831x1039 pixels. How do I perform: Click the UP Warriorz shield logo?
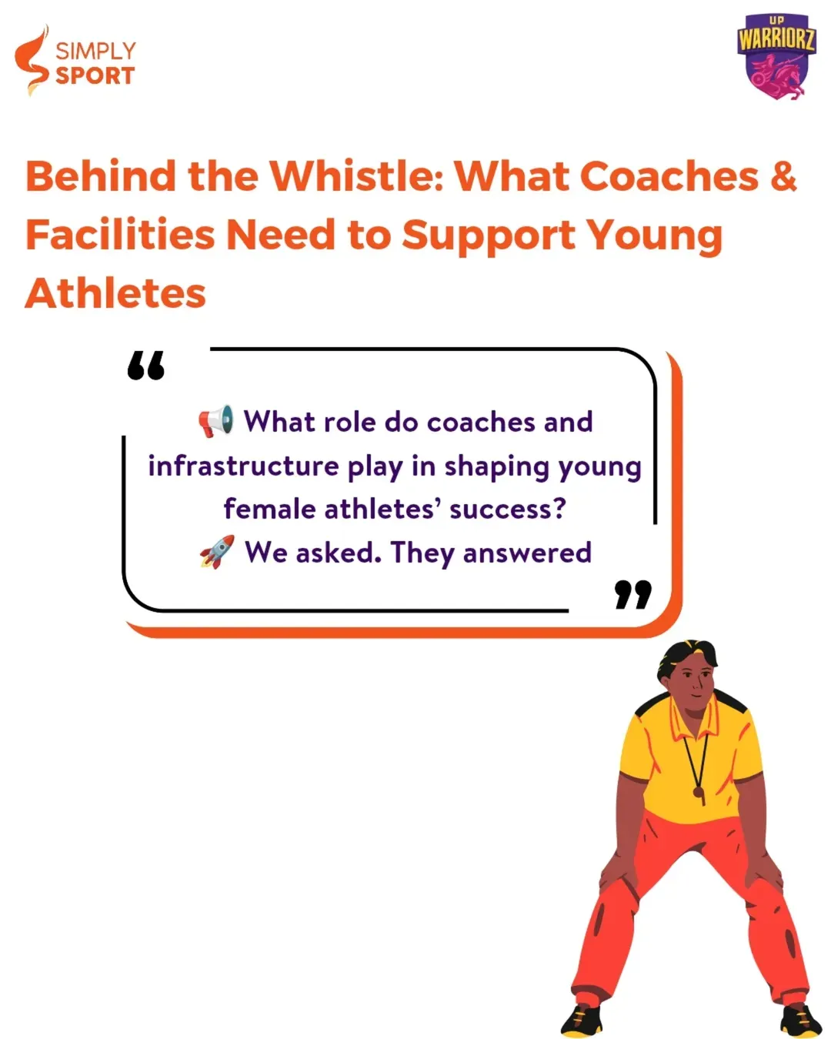coord(776,56)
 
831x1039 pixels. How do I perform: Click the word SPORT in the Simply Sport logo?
coord(95,75)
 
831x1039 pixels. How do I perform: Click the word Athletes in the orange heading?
coord(115,293)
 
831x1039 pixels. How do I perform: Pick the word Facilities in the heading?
coord(120,235)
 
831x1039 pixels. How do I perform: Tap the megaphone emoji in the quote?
coord(216,421)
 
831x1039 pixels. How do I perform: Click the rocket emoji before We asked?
coord(217,552)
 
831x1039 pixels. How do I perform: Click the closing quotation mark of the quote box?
coord(633,594)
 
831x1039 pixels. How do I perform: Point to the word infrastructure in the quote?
coord(243,466)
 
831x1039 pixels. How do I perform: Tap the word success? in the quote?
coord(508,509)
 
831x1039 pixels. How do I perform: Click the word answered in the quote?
coord(527,552)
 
